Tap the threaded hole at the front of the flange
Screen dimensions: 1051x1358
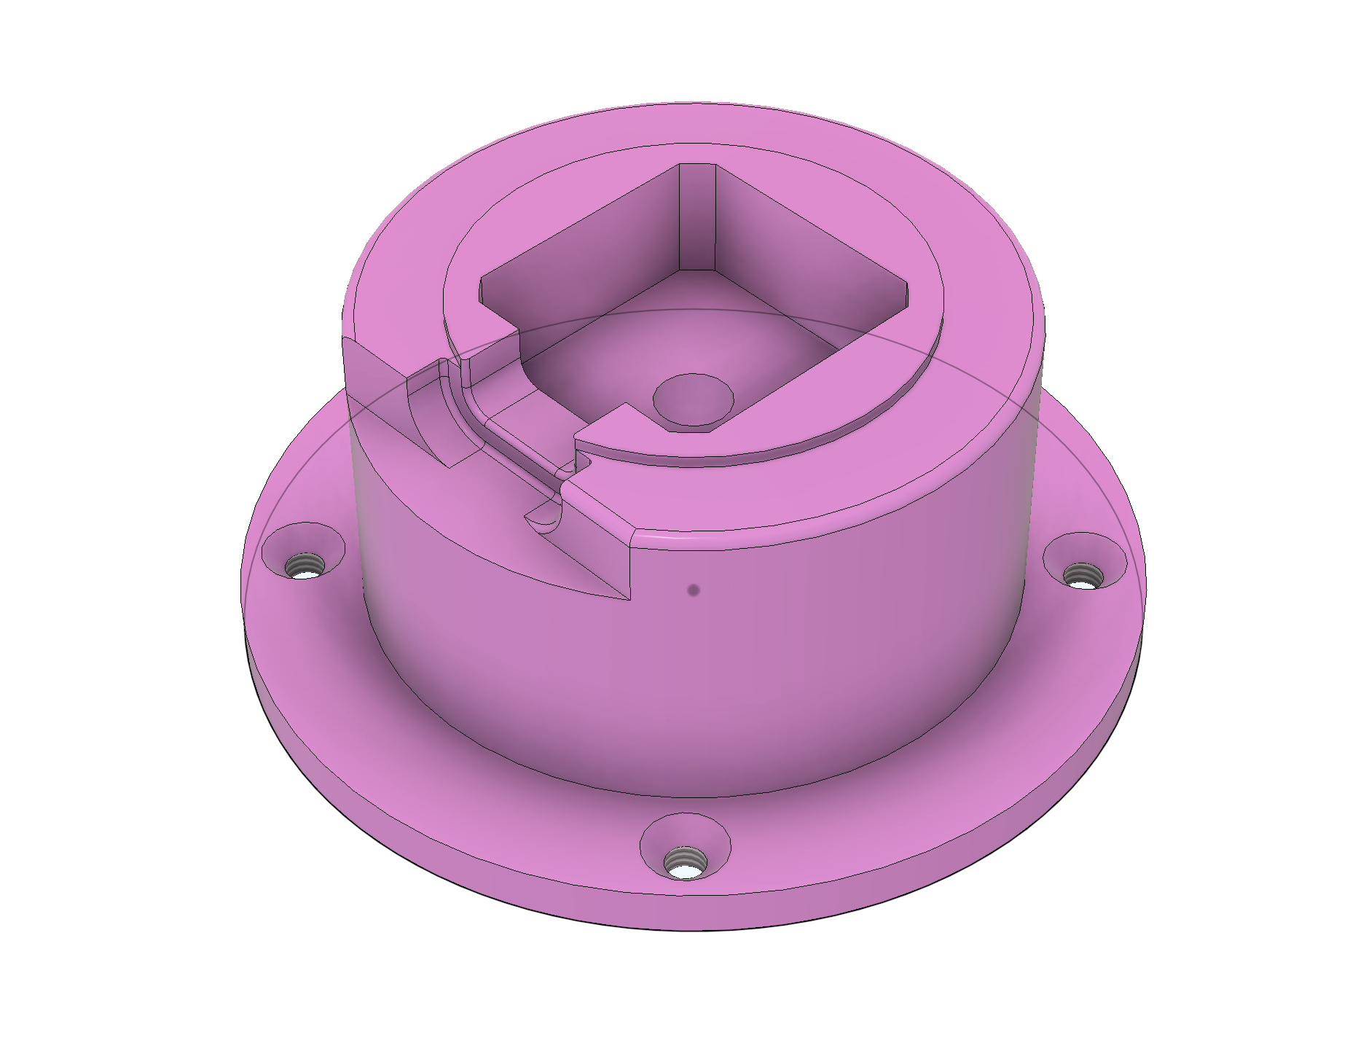685,863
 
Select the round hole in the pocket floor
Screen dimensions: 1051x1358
693,400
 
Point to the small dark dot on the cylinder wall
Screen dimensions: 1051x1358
694,590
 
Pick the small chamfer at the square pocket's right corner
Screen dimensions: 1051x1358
906,295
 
